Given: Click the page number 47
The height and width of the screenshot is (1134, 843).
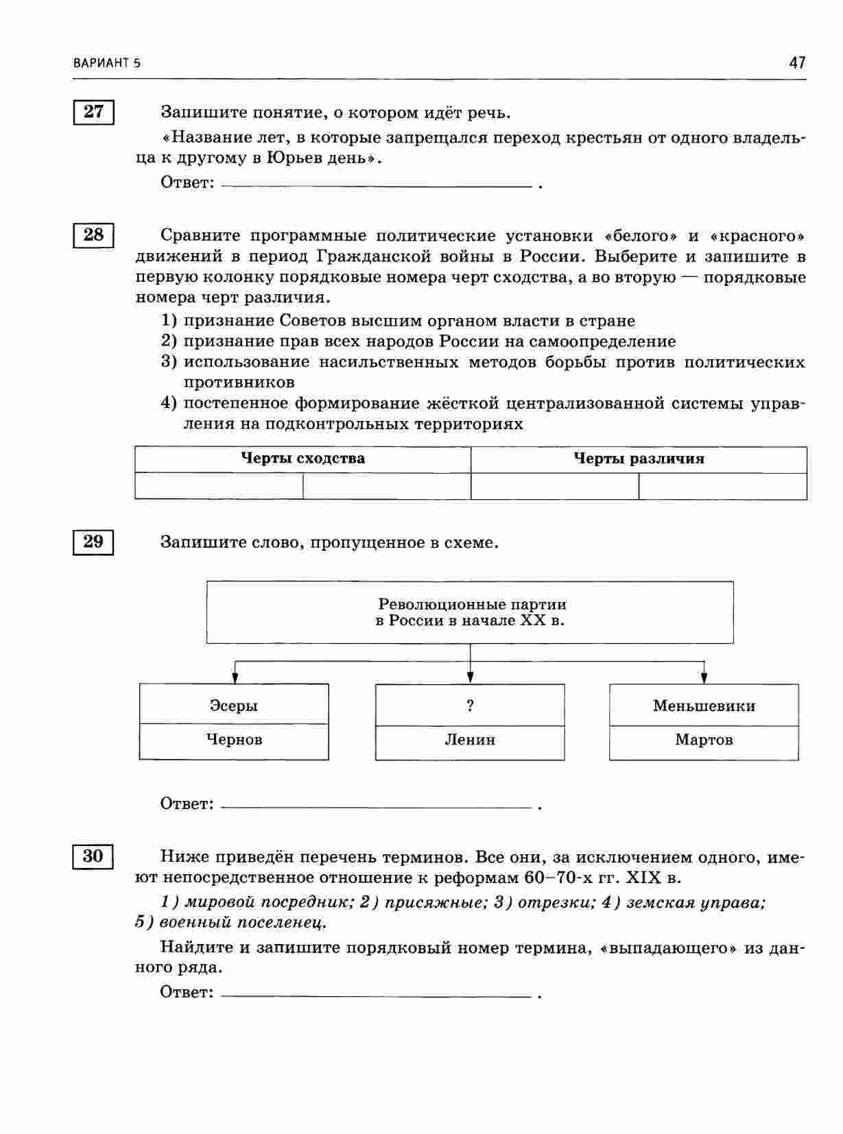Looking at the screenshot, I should click(797, 63).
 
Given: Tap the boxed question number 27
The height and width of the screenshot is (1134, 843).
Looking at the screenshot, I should click(93, 111).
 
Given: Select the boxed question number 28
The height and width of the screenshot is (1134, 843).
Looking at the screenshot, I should click(93, 235).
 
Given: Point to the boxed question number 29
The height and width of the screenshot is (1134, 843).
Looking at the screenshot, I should click(93, 542).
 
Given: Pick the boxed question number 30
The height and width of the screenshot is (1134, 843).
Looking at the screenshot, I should click(93, 856).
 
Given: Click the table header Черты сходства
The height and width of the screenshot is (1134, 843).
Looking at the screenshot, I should click(302, 459).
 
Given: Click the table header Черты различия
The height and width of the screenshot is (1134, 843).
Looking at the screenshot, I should click(639, 459).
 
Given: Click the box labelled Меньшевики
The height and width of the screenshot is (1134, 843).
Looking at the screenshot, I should click(704, 705).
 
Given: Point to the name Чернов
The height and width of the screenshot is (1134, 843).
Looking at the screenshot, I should click(234, 740).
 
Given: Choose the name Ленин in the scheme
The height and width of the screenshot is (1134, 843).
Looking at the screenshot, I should click(470, 740).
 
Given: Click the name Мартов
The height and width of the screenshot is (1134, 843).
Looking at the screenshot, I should click(704, 740).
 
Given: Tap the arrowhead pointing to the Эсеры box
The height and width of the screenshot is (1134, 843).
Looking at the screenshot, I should click(235, 678).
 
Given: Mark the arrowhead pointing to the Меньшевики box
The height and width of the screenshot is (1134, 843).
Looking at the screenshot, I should click(704, 678).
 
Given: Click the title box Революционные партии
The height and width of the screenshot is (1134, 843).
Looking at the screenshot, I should click(470, 612).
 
